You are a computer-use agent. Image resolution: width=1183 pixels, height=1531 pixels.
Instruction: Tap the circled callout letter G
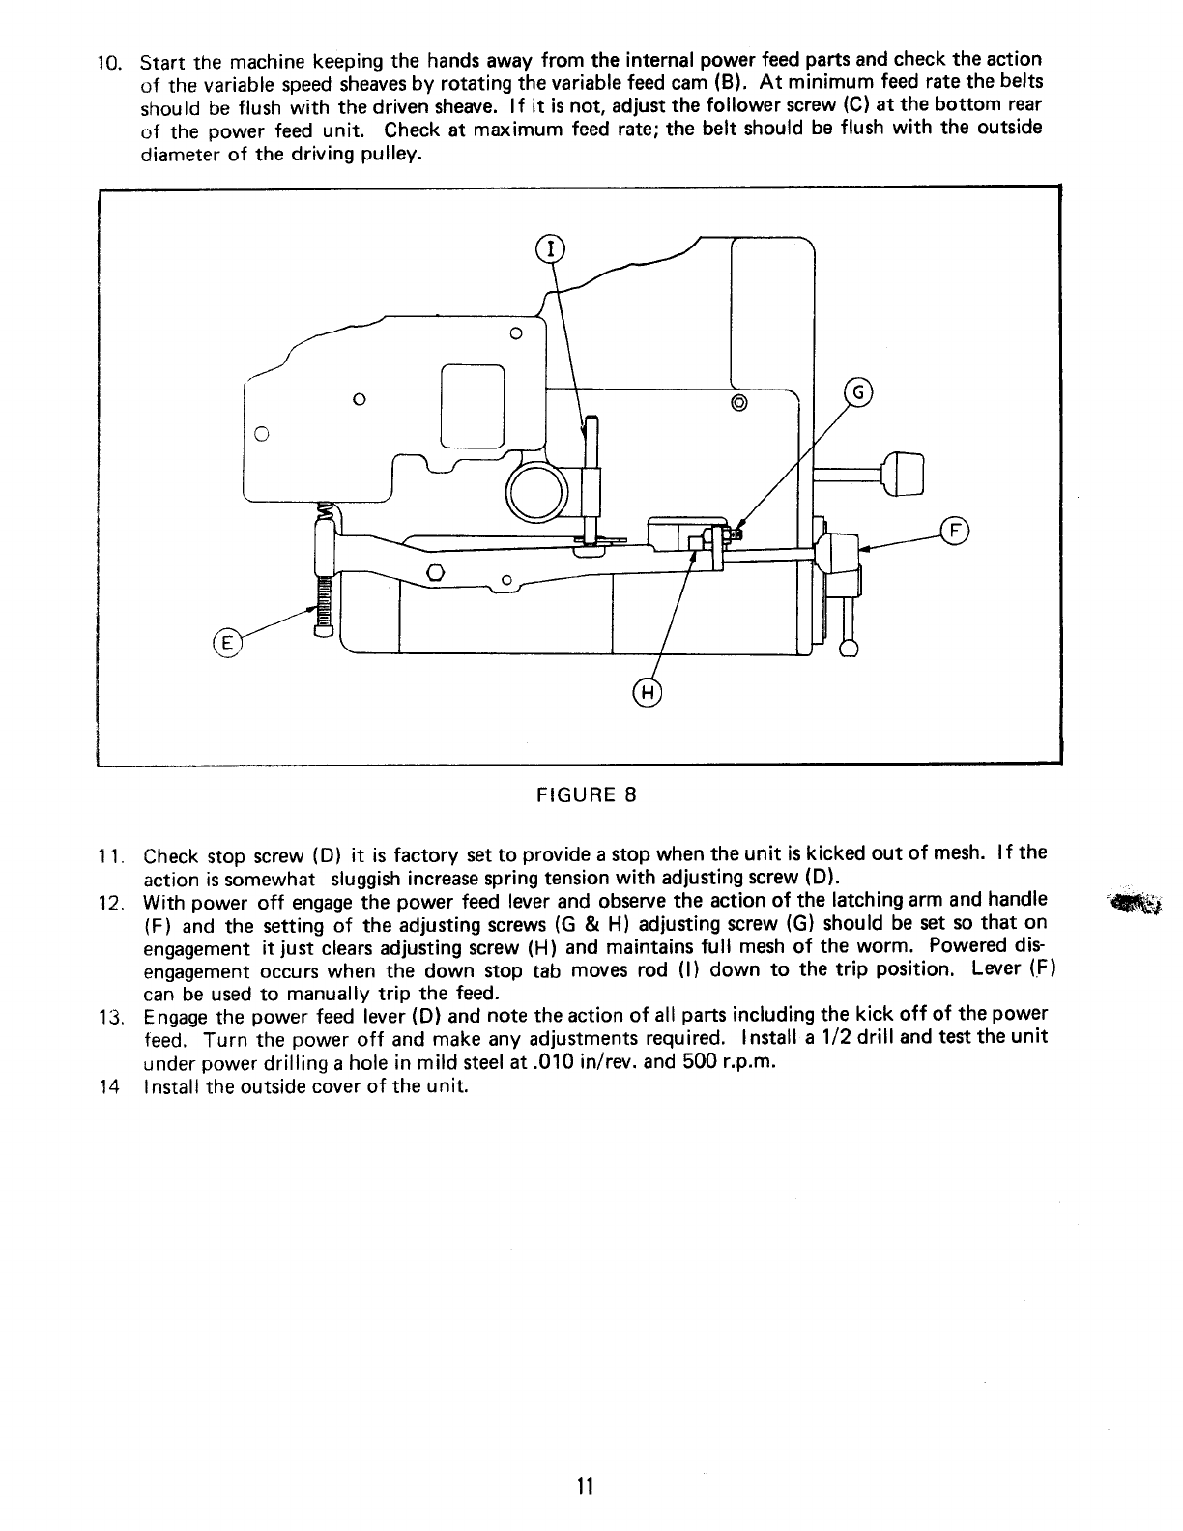[x=858, y=392]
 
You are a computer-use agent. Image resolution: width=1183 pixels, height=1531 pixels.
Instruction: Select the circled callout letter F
[x=954, y=531]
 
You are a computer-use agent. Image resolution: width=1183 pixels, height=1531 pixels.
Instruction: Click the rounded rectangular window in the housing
[x=473, y=405]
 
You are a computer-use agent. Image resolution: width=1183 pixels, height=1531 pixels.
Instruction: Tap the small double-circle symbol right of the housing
[x=739, y=402]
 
